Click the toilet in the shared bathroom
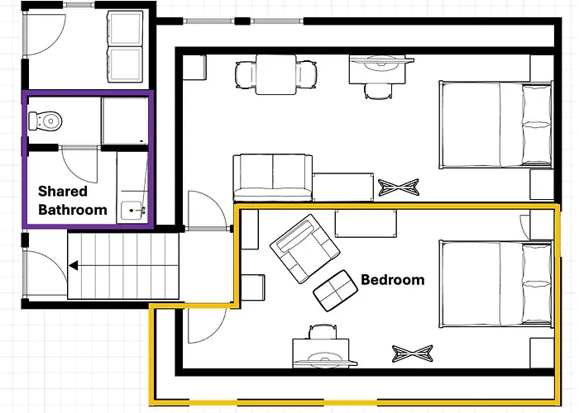tap(45, 121)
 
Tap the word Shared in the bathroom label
tap(63, 192)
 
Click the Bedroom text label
tap(393, 280)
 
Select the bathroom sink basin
tap(132, 211)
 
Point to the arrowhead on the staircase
tap(73, 265)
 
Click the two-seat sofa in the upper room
tap(272, 178)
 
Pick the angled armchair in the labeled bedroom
tap(305, 249)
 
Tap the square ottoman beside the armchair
tap(335, 291)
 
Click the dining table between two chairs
tap(275, 74)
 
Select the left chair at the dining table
tap(246, 75)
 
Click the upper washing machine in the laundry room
tap(125, 28)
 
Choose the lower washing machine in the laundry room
tap(125, 64)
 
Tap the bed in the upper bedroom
tap(496, 125)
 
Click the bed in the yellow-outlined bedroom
tap(496, 284)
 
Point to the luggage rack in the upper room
tap(399, 188)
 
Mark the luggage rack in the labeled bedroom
tap(413, 354)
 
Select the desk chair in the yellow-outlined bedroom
tap(323, 331)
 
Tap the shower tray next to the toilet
tap(125, 121)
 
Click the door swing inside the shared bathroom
tap(79, 164)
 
